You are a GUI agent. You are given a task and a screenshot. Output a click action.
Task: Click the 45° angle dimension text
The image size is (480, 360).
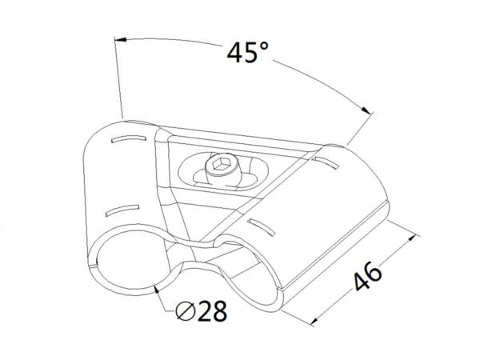coord(248,53)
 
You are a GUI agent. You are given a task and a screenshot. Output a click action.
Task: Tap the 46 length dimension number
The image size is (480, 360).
coord(368,276)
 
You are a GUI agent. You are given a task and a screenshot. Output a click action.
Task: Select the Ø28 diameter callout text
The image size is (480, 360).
coord(202,310)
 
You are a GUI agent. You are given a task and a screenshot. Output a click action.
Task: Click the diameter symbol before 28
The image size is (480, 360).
coord(186,311)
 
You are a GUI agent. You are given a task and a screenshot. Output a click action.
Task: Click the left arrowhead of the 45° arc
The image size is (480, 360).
coord(121,40)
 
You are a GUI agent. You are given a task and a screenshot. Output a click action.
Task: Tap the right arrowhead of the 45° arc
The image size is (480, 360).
coord(366,110)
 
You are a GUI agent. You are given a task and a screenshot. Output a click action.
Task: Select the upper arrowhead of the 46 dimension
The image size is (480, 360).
coord(411,238)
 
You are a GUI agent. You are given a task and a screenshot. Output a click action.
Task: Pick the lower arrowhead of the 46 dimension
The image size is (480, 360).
coord(314,321)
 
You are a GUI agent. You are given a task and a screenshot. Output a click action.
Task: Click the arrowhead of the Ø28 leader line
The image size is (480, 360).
coord(157,290)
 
